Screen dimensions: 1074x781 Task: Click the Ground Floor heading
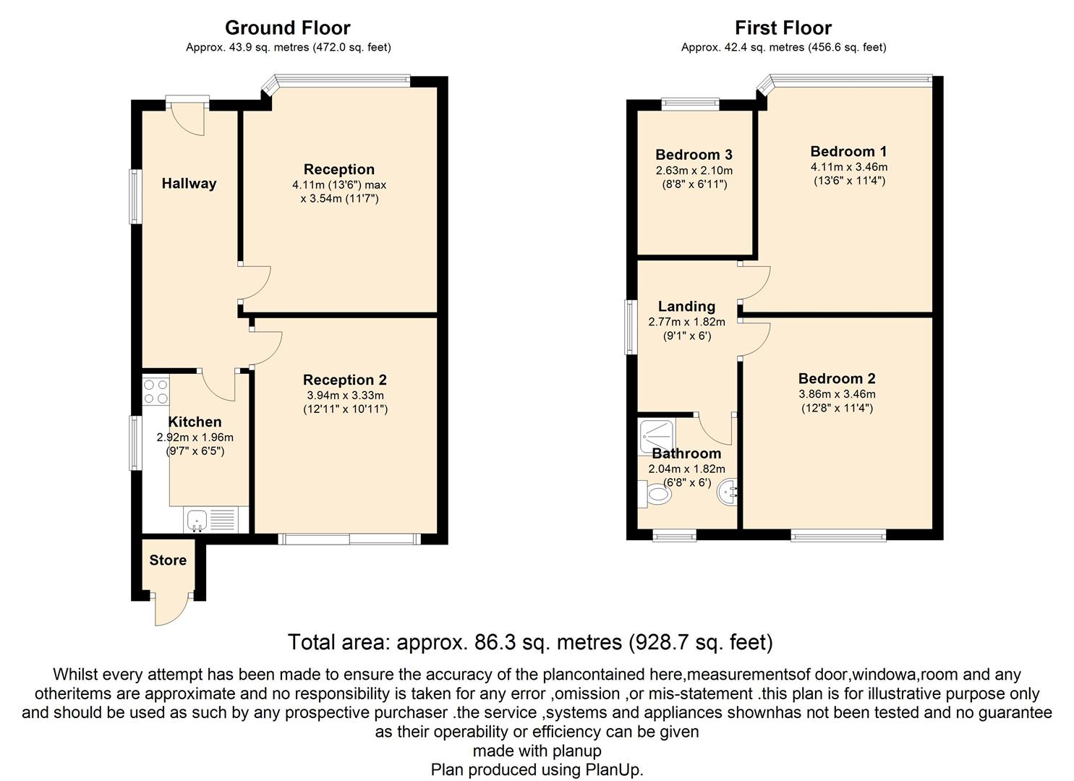(x=288, y=28)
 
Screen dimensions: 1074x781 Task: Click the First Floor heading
(x=783, y=28)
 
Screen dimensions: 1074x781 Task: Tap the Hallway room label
(x=189, y=184)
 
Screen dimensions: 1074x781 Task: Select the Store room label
(x=168, y=560)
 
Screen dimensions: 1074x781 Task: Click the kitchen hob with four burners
(x=155, y=391)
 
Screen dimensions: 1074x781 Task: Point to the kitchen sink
(x=197, y=521)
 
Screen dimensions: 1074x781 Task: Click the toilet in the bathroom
(x=655, y=495)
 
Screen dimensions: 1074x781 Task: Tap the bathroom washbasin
(x=728, y=492)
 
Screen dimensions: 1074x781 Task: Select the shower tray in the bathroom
(x=656, y=438)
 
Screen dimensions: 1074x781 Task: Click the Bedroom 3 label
(x=694, y=155)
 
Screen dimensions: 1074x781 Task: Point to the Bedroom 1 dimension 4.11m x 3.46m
(x=849, y=167)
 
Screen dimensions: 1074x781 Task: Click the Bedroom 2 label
(x=838, y=379)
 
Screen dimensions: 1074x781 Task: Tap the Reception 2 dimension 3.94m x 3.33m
(x=345, y=396)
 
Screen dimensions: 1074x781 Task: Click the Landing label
(x=686, y=307)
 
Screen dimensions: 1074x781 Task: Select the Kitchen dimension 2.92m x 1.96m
(x=195, y=438)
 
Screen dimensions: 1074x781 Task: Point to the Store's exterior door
(x=171, y=610)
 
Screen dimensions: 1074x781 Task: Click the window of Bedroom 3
(x=691, y=104)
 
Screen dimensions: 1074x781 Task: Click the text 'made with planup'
(x=537, y=751)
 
